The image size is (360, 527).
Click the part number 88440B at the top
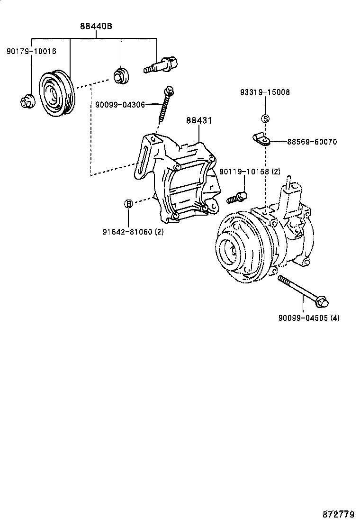point(96,26)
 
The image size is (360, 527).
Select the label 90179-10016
point(31,51)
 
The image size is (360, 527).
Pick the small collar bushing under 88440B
point(121,76)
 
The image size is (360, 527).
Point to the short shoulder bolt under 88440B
point(161,65)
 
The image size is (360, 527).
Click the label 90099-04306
point(120,104)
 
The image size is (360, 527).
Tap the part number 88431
point(198,121)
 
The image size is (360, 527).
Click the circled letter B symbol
point(128,204)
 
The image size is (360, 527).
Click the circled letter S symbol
point(265,118)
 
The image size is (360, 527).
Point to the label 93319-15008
point(264,92)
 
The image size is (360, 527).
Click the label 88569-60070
point(312,142)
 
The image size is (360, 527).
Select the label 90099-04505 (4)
point(308,318)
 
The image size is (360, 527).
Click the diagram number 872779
point(339,514)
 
